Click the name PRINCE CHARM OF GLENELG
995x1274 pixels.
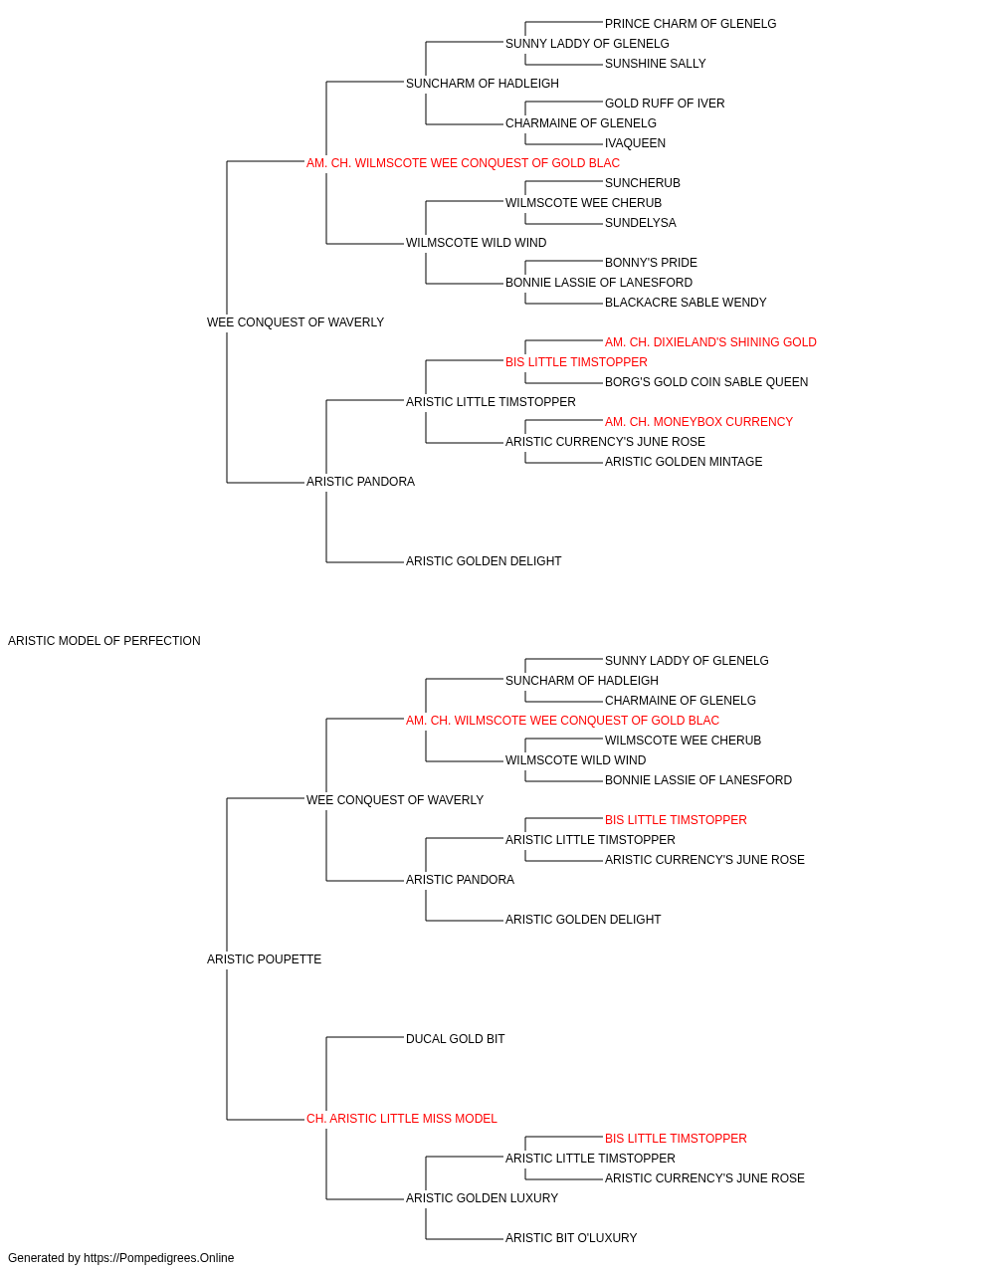click(690, 24)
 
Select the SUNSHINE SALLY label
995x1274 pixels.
click(655, 64)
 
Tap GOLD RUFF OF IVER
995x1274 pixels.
click(665, 104)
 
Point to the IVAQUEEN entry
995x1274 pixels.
click(635, 143)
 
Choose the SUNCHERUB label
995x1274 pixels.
click(642, 183)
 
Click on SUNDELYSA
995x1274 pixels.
click(640, 223)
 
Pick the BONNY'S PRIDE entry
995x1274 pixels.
click(651, 263)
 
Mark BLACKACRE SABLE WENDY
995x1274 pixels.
click(685, 304)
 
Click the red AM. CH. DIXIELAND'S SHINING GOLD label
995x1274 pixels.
click(710, 343)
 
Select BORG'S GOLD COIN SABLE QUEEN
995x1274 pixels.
click(706, 383)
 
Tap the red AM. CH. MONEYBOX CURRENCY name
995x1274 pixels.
click(698, 423)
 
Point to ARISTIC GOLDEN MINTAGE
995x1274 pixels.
click(684, 463)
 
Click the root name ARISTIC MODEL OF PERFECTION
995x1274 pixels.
click(104, 641)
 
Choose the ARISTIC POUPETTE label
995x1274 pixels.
click(264, 959)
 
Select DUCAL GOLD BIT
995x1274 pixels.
click(455, 1039)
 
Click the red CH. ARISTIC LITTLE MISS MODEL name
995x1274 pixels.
click(401, 1119)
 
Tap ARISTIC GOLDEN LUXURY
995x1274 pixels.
click(482, 1199)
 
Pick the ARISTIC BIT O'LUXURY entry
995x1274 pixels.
click(571, 1239)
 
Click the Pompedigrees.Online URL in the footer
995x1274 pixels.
click(158, 1259)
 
